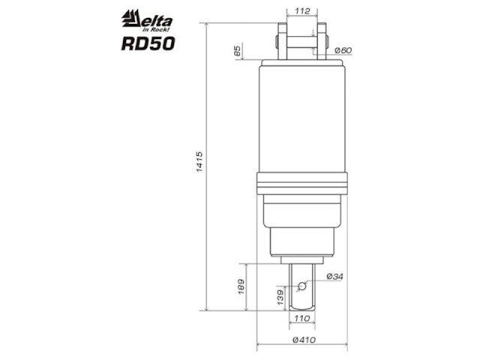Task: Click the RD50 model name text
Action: coord(148,43)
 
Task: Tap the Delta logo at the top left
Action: coord(147,20)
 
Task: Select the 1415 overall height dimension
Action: coord(199,161)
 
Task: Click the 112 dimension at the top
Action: coord(302,11)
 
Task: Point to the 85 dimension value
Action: coord(238,51)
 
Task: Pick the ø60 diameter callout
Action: coord(343,50)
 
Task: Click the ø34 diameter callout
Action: coord(335,277)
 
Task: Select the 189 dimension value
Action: coord(241,286)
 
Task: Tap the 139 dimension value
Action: coord(280,297)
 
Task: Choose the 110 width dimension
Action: coord(301,319)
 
